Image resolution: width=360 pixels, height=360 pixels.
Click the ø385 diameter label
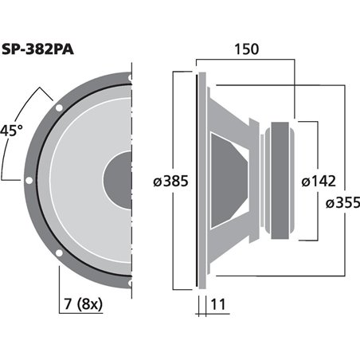tap(170, 181)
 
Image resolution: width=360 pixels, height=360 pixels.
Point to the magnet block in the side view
tap(283, 180)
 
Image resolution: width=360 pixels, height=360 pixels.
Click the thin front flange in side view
tap(198, 180)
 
